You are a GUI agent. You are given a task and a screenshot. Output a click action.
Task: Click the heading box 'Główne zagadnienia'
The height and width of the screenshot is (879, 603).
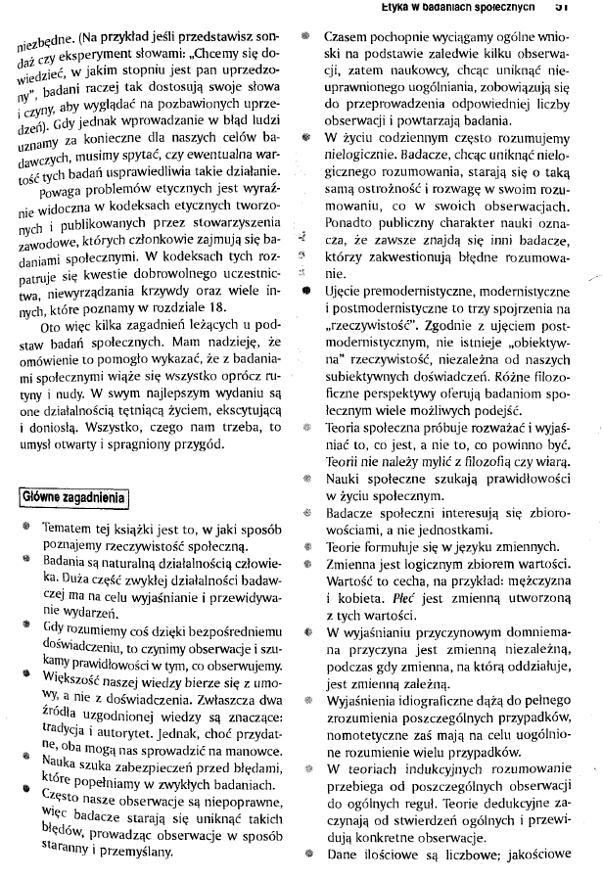70,496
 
